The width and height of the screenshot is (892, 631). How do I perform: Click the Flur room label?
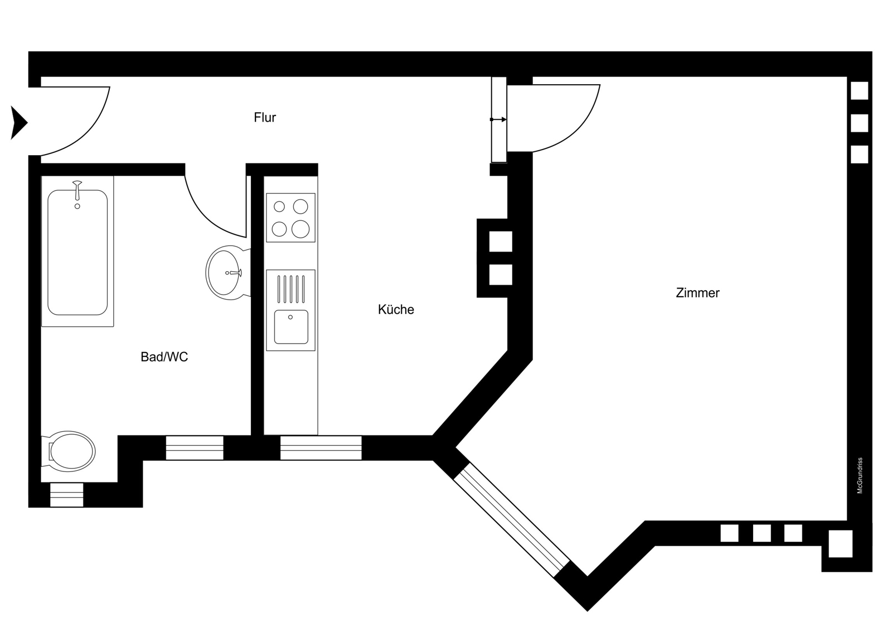(265, 117)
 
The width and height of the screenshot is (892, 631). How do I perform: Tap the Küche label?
(396, 309)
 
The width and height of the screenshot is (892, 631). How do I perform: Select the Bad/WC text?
(164, 357)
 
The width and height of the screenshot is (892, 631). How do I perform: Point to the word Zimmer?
(697, 293)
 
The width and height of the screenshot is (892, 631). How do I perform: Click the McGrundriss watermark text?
(860, 475)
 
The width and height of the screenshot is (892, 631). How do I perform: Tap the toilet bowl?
(69, 452)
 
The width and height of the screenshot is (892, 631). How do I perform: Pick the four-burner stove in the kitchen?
(290, 218)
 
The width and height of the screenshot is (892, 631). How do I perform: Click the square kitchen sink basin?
(291, 327)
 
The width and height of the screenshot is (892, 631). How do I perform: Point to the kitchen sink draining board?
(291, 289)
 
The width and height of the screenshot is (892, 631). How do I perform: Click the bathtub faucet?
(77, 191)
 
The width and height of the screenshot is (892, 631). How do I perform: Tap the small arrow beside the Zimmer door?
(498, 119)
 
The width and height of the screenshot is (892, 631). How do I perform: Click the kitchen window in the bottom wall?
(321, 447)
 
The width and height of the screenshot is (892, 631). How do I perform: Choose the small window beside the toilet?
(66, 495)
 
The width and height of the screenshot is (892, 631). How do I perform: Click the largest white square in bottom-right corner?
(841, 544)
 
